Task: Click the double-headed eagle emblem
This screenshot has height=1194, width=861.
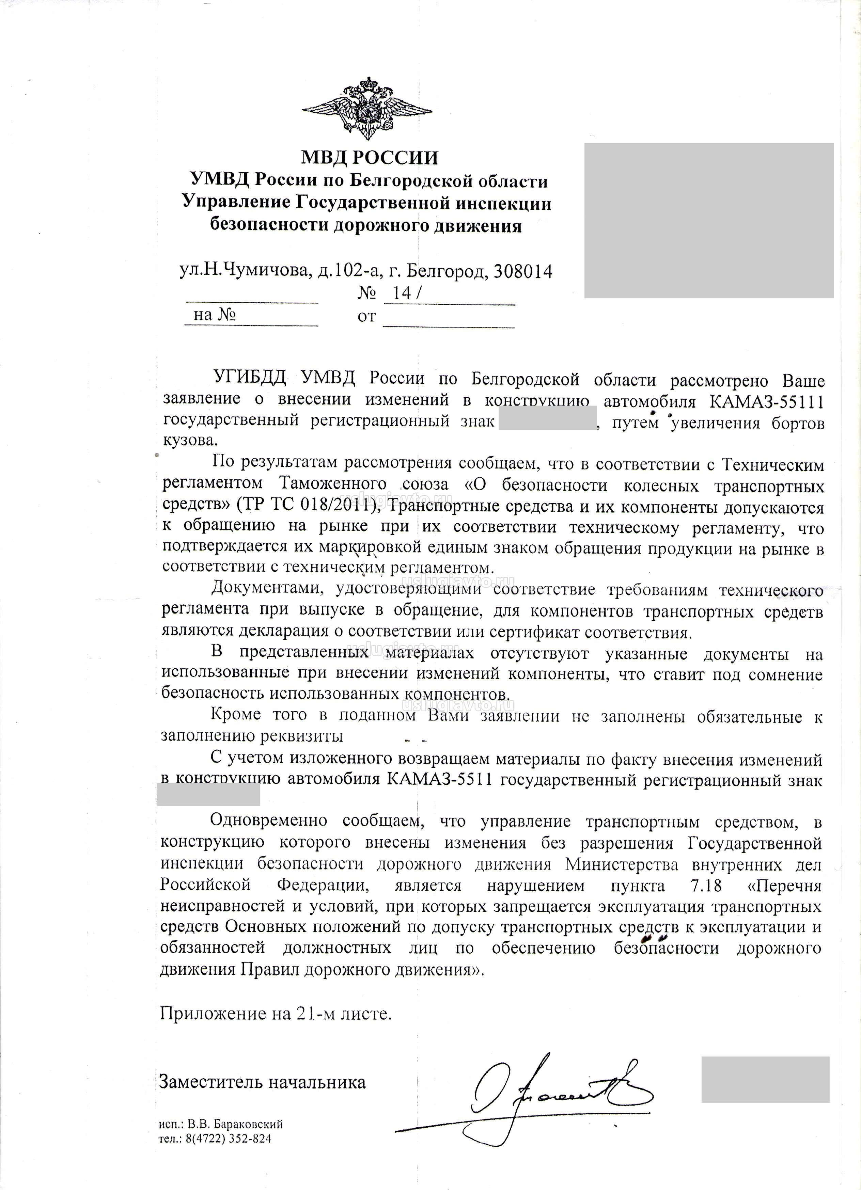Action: (x=367, y=110)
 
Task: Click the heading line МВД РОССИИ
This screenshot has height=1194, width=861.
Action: (x=369, y=157)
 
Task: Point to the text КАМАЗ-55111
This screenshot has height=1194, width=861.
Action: (x=766, y=402)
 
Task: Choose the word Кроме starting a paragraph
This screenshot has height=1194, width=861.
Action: (x=235, y=715)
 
